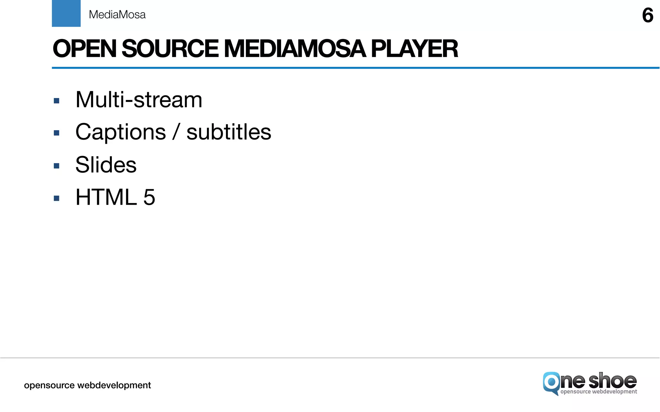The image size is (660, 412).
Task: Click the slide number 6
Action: [x=647, y=15]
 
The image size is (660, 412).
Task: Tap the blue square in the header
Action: [x=66, y=13]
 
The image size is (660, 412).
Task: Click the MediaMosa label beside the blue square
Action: [x=117, y=15]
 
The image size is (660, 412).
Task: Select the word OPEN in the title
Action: [x=84, y=49]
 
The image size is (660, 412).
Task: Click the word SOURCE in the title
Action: [x=170, y=49]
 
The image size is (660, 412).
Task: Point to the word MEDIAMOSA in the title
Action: [x=295, y=49]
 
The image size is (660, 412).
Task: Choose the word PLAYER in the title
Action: [x=414, y=49]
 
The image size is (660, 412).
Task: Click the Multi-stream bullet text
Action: [x=139, y=100]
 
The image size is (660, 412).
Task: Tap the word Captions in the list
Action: [x=121, y=132]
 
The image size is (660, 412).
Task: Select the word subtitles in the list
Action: [x=229, y=132]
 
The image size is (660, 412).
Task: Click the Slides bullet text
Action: [x=106, y=165]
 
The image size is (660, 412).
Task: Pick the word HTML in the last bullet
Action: [x=106, y=197]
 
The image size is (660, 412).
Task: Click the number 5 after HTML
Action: [x=149, y=197]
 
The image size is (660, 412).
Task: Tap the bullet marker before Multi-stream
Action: [x=57, y=101]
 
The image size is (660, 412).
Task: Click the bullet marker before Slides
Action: [x=57, y=166]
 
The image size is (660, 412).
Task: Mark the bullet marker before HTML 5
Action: [x=57, y=198]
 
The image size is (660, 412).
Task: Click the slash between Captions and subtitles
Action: [x=176, y=132]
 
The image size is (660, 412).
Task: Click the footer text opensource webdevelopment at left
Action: [x=87, y=385]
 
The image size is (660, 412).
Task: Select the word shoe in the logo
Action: [x=612, y=381]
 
